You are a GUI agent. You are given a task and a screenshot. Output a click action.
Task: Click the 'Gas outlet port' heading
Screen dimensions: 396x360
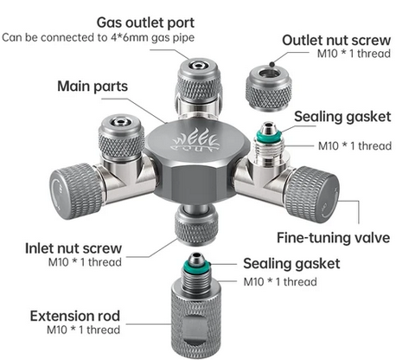pyautogui.click(x=145, y=23)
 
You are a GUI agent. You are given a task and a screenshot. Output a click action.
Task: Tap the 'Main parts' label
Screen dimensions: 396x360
pyautogui.click(x=93, y=87)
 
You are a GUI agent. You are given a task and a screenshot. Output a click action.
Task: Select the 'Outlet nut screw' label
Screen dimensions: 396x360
pyautogui.click(x=336, y=41)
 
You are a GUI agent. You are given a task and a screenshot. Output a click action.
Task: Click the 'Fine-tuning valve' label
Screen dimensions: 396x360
pyautogui.click(x=333, y=238)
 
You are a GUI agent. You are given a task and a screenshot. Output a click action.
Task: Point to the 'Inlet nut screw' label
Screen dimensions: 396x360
pyautogui.click(x=73, y=248)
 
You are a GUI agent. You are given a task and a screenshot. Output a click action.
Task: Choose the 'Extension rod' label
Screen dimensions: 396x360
pyautogui.click(x=75, y=316)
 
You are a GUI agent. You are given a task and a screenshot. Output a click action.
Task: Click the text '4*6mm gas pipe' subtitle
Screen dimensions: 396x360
pyautogui.click(x=153, y=38)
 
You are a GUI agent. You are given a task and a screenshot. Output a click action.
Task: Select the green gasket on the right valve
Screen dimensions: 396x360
pyautogui.click(x=269, y=136)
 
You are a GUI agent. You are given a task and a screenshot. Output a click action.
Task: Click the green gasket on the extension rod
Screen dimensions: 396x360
pyautogui.click(x=195, y=264)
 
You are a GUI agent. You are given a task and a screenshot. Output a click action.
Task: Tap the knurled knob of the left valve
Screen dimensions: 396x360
pyautogui.click(x=74, y=191)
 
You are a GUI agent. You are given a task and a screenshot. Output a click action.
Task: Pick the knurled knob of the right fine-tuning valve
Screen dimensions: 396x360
pyautogui.click(x=312, y=195)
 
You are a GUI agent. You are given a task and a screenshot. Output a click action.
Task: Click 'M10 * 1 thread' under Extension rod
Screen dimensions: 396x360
pyautogui.click(x=84, y=330)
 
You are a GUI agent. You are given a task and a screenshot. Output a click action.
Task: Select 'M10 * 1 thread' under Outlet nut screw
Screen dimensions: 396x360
pyautogui.click(x=354, y=54)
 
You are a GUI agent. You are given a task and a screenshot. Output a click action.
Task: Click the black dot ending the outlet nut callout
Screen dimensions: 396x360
pyautogui.click(x=271, y=64)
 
